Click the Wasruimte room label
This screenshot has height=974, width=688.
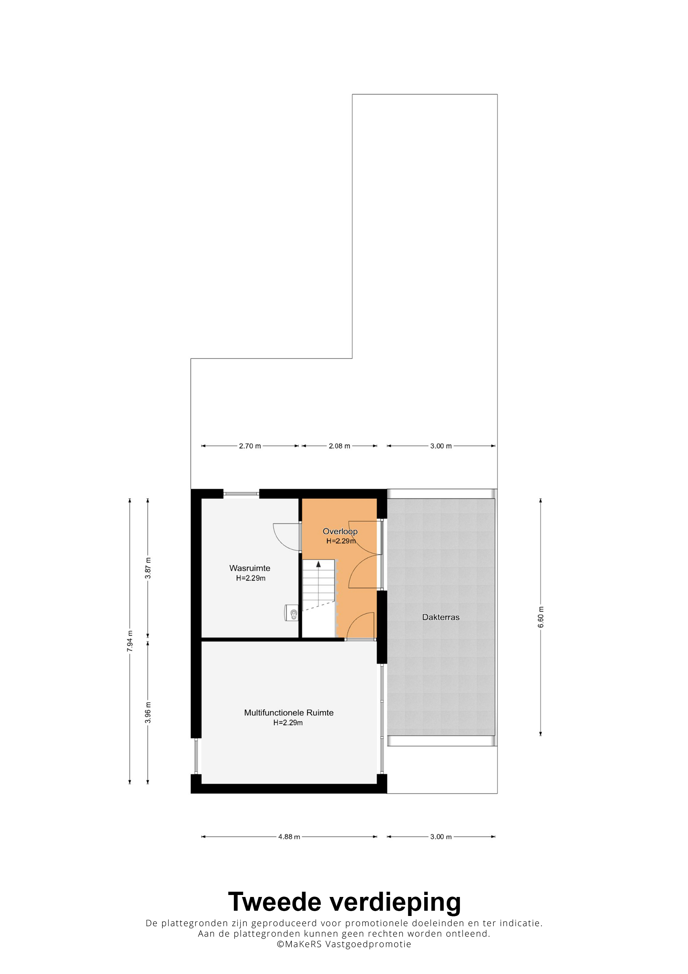[x=250, y=568]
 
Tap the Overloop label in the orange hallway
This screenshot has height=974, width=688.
[x=340, y=531]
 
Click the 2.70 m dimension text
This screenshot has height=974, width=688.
[x=250, y=446]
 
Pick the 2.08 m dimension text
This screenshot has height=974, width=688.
[x=339, y=446]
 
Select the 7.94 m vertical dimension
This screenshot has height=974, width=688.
[x=130, y=642]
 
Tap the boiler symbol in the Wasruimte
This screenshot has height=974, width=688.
[x=292, y=613]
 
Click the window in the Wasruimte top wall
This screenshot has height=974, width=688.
[x=241, y=494]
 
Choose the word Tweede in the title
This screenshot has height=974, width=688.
[x=275, y=902]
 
